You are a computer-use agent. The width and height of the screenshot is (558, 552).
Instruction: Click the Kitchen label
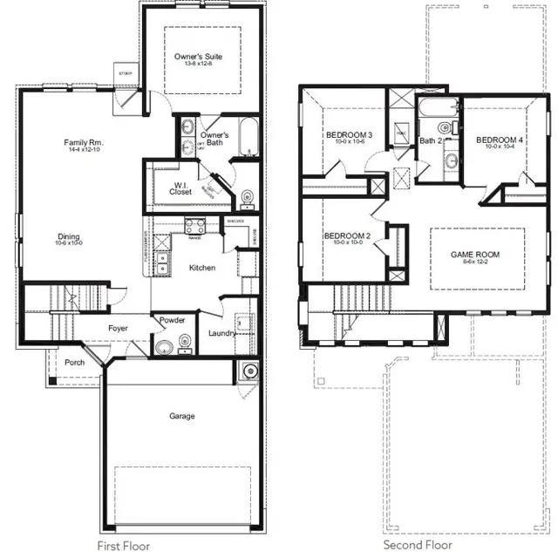click(202, 268)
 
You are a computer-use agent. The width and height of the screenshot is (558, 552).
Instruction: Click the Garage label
click(181, 416)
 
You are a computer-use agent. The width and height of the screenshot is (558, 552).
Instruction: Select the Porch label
click(75, 362)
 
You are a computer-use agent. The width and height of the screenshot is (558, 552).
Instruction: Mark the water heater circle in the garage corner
click(249, 371)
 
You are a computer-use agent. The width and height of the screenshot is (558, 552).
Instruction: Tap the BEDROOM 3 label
click(349, 135)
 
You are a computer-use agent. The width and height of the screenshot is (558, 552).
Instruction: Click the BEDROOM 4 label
click(500, 140)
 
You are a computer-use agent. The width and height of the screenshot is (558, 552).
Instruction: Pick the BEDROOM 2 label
click(347, 235)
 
